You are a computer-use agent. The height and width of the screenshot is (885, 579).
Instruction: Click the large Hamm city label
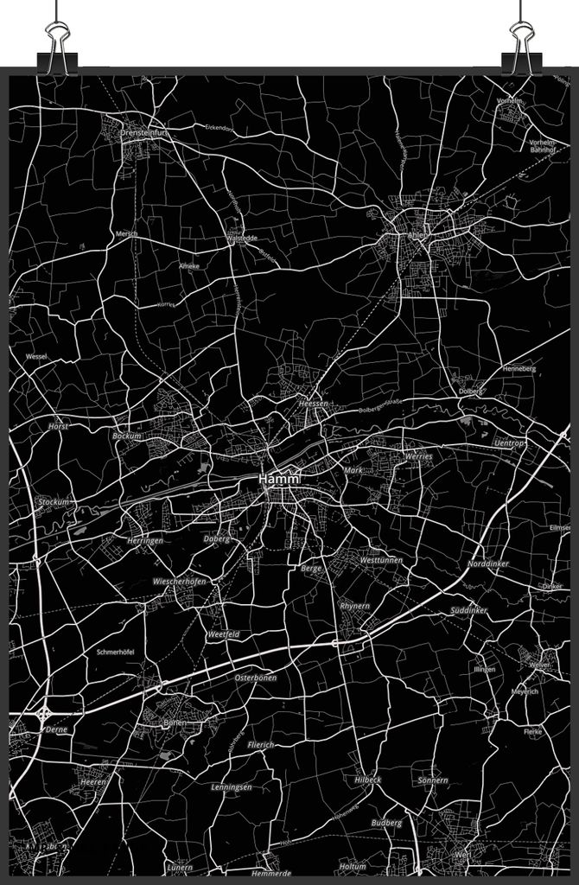coord(278,479)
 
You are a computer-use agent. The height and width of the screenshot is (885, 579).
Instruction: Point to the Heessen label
coord(312,404)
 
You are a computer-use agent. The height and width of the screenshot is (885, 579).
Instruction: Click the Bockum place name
coord(127,436)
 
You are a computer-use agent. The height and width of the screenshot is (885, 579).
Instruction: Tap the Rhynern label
coord(354,606)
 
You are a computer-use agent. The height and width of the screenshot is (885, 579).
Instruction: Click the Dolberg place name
coord(471,391)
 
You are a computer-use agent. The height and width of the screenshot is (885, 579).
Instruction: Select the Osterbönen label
coord(255,678)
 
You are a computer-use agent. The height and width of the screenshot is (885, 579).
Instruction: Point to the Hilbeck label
coord(367,780)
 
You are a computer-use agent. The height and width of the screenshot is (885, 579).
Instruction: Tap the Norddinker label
coord(488,564)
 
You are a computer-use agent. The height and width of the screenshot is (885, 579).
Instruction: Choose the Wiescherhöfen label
coord(179,582)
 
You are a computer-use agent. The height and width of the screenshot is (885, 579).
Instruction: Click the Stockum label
coord(53,501)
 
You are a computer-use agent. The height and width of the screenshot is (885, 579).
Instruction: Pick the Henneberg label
coord(519,369)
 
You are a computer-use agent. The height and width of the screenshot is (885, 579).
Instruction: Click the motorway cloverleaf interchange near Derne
coord(43,715)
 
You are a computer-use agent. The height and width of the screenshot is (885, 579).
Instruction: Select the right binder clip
coord(522,41)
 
